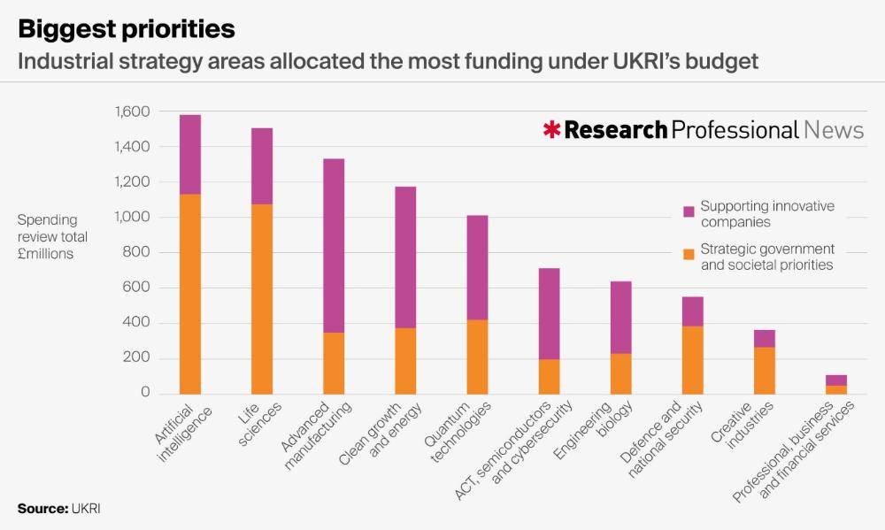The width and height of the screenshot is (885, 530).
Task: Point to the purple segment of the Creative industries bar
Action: [765, 338]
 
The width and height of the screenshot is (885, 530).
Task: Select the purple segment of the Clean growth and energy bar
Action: [405, 257]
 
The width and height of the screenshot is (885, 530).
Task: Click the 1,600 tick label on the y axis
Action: [132, 111]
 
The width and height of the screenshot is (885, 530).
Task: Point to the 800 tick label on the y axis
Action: [138, 252]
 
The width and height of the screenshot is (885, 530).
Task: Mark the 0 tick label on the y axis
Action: [145, 393]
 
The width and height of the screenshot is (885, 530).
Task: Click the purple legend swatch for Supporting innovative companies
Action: [689, 212]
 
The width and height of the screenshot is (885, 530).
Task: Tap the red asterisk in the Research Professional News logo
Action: [551, 131]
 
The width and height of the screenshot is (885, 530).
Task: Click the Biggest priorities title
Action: [127, 29]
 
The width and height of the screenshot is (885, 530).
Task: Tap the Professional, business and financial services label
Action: [794, 451]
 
